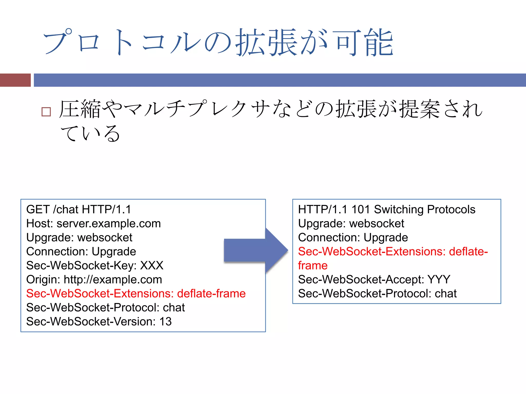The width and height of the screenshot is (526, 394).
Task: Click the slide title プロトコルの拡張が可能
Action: click(218, 42)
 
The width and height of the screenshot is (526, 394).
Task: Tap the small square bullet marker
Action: click(46, 112)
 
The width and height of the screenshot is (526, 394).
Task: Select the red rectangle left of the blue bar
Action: click(15, 80)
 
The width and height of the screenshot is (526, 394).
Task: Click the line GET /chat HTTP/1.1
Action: click(79, 210)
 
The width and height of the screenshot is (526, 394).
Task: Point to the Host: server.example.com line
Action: click(93, 224)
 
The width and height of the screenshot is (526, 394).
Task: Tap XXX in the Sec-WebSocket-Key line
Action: click(152, 265)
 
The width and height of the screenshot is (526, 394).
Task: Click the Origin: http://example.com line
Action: click(94, 280)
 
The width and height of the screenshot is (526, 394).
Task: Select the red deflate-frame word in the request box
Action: click(211, 294)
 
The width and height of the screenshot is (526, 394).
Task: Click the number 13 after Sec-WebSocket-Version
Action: click(165, 322)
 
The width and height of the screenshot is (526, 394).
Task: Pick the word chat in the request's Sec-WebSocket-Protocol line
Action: click(174, 308)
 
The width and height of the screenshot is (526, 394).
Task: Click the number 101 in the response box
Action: click(360, 210)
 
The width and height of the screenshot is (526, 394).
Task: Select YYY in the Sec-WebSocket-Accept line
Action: click(439, 280)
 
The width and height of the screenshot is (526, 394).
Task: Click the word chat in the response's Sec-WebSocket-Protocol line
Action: click(446, 294)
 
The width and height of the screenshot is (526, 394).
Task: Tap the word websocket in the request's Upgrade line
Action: click(105, 238)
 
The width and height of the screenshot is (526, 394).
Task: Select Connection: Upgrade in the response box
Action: click(353, 238)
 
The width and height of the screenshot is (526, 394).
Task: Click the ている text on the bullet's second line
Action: click(90, 133)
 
